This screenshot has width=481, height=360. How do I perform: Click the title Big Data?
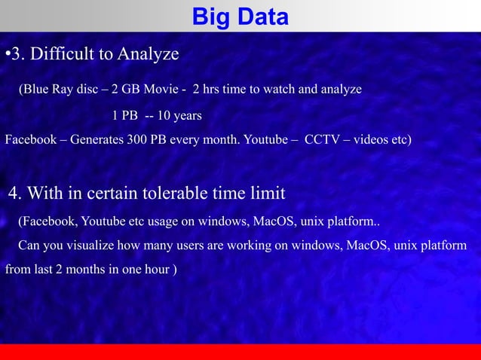[240, 16]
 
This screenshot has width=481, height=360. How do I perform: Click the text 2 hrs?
[207, 90]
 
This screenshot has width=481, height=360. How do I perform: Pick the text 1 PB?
[124, 116]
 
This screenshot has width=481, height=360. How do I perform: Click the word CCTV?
[321, 140]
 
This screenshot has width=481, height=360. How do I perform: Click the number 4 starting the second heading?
[14, 194]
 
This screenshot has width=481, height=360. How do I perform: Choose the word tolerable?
[178, 194]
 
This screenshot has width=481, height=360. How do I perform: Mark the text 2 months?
[81, 269]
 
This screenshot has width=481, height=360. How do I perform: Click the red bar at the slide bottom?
[240, 352]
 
